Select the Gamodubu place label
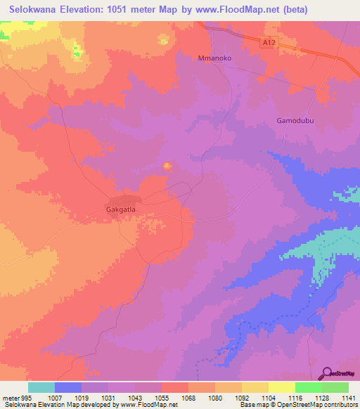click(291, 121)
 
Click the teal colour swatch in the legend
click(41, 387)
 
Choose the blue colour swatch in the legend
click(68, 387)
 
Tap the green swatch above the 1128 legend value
click(308, 387)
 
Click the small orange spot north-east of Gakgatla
click(167, 167)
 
